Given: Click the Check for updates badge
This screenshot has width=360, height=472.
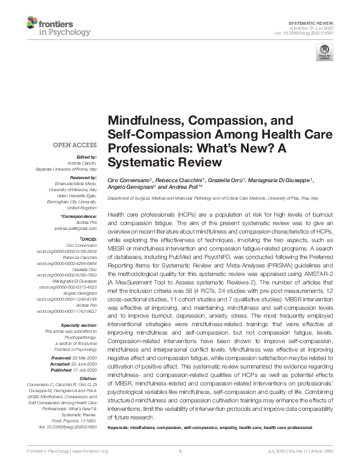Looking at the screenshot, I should pyautogui.click(x=324, y=54).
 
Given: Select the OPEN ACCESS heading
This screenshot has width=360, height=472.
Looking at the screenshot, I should pyautogui.click(x=75, y=145).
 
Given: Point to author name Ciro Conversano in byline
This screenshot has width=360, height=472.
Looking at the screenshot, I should pyautogui.click(x=129, y=180).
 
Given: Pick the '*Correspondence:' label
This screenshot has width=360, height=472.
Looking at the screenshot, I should pyautogui.click(x=79, y=216).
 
